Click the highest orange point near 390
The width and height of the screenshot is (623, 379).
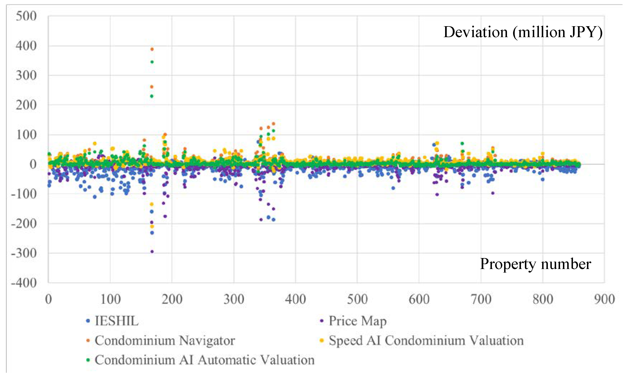(x=152, y=49)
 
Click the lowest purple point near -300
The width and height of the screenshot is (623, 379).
(x=152, y=251)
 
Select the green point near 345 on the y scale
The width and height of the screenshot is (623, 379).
(x=152, y=62)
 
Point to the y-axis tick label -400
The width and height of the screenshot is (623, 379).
(x=24, y=283)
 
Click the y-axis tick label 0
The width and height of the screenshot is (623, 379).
(x=33, y=164)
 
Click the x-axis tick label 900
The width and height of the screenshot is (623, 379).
(x=604, y=299)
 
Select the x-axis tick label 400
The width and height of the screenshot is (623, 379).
(x=295, y=299)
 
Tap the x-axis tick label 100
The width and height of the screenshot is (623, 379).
(x=110, y=299)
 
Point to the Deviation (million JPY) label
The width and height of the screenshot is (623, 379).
(x=523, y=32)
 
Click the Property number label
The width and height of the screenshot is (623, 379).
(x=535, y=264)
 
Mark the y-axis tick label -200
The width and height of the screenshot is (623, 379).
(x=24, y=224)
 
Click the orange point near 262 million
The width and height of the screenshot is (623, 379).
(x=152, y=87)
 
